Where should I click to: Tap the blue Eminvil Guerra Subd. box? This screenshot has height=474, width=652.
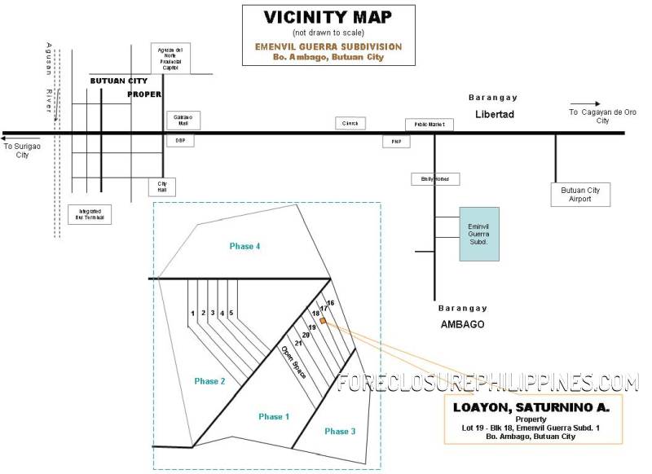pos(478,234)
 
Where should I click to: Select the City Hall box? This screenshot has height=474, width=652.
pos(161,187)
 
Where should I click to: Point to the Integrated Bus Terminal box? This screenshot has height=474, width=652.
pos(90,214)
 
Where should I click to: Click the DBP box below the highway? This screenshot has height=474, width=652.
pos(180,141)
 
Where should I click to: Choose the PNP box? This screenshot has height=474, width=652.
pos(397,142)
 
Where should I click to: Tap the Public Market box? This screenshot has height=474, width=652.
pos(429,125)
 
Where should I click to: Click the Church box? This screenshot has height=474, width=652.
pos(350,123)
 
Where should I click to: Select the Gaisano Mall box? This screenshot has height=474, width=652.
pos(183,120)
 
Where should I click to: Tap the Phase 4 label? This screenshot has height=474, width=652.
pos(244,246)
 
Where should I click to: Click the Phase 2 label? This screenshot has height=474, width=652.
pos(210,380)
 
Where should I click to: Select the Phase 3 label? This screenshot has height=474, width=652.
pos(340,431)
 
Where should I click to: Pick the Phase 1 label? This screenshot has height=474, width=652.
pos(275,416)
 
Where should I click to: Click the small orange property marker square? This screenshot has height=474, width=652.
pos(323,321)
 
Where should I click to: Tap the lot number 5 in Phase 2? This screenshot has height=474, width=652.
pos(231,313)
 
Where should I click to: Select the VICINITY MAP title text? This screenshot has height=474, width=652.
pos(328,17)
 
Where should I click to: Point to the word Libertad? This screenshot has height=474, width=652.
pos(495,114)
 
